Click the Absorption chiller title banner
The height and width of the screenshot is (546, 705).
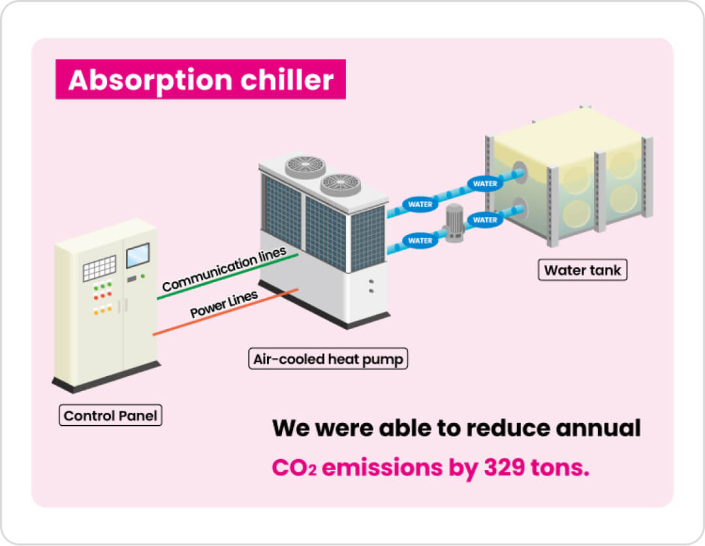pyautogui.click(x=200, y=80)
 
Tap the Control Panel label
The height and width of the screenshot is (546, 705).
pyautogui.click(x=110, y=415)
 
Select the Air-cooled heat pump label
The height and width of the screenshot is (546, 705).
pyautogui.click(x=328, y=359)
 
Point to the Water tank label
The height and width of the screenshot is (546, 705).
pyautogui.click(x=582, y=270)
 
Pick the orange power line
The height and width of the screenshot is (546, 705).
pyautogui.click(x=225, y=312)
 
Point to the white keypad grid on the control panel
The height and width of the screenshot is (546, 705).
pyautogui.click(x=99, y=268)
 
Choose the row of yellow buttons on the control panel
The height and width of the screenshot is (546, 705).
pyautogui.click(x=102, y=310)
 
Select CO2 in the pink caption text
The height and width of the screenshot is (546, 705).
pyautogui.click(x=294, y=469)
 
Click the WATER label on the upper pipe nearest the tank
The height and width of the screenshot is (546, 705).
pyautogui.click(x=485, y=184)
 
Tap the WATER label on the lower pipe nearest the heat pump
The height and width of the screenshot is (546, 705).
pyautogui.click(x=420, y=240)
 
